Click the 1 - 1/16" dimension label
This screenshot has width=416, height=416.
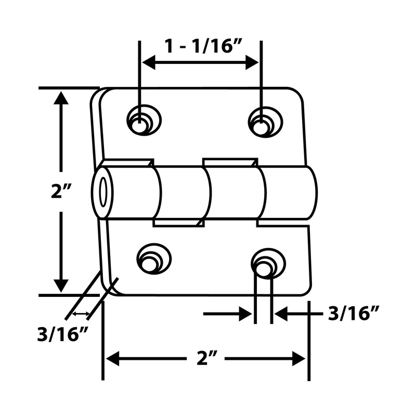tap(201, 46)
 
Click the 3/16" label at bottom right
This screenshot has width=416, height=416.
tap(354, 314)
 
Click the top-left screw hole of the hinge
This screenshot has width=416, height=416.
tap(142, 121)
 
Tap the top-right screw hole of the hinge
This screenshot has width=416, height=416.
tap(264, 121)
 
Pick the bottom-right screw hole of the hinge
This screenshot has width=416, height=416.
tap(267, 263)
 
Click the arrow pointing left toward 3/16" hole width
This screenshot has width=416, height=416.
tap(282, 314)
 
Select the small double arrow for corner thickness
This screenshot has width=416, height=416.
tap(80, 314)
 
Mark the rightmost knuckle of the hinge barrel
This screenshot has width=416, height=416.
tap(289, 193)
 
